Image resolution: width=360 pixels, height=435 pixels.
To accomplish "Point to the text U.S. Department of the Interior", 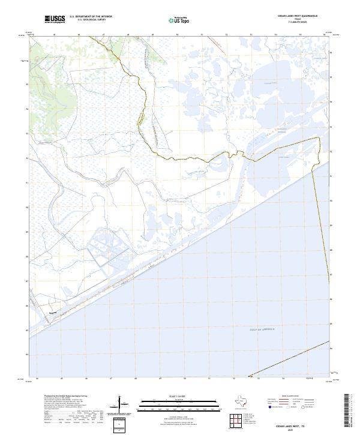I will (91, 17).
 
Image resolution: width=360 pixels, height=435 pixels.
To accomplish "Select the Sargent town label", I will (52, 312).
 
